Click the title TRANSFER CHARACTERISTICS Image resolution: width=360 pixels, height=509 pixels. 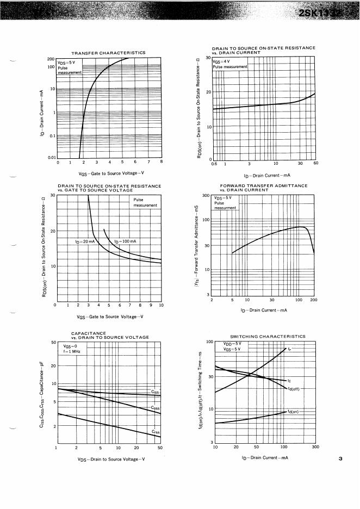[x=108, y=53]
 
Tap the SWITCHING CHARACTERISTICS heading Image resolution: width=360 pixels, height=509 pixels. [x=268, y=337]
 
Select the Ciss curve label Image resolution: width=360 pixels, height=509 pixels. [x=155, y=392]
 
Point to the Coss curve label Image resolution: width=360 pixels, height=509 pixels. [x=155, y=407]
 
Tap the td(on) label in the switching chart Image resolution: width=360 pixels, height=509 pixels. [x=295, y=412]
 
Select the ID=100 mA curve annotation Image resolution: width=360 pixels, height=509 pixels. [x=125, y=241]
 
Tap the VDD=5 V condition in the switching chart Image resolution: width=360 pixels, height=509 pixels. [x=234, y=344]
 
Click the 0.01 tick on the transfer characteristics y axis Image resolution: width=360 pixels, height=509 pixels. [x=51, y=158]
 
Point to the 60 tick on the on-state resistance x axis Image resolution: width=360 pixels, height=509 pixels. [x=315, y=163]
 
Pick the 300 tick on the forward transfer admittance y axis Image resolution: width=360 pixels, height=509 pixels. [x=206, y=195]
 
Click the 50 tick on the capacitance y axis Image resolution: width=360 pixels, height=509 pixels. [x=53, y=343]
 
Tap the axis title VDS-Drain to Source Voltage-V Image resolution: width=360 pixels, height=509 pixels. [x=111, y=460]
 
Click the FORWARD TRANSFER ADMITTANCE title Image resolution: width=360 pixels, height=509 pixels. [x=263, y=186]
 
